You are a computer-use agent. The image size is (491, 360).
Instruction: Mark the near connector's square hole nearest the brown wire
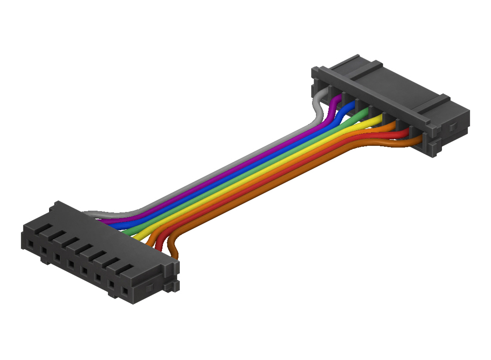[125, 291]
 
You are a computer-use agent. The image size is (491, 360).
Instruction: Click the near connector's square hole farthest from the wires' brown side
[30, 243]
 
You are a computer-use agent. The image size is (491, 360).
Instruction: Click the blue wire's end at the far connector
[352, 105]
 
